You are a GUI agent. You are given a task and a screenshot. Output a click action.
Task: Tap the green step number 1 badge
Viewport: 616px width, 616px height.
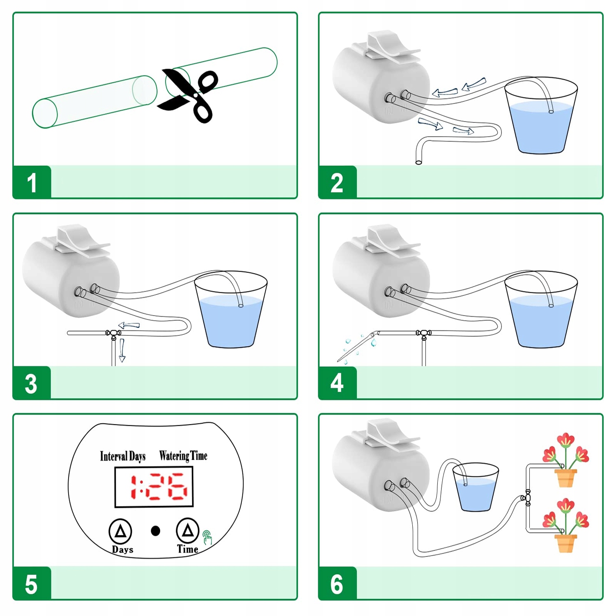point(32,182)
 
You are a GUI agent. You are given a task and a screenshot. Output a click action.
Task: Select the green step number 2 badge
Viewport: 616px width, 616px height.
point(337,182)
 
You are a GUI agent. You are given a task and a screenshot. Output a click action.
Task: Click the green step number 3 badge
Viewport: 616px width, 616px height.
point(32,383)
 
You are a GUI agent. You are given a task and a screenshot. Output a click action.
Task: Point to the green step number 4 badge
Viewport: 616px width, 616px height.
point(337,383)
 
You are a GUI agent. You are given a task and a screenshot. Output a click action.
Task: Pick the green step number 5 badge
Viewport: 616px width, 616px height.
point(32,584)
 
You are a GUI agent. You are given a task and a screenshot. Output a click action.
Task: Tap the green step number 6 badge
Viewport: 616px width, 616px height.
point(337,584)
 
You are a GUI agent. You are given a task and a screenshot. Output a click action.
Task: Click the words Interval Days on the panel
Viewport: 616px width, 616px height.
point(123,456)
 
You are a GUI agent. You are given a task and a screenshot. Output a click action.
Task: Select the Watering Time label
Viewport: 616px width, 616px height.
point(183,456)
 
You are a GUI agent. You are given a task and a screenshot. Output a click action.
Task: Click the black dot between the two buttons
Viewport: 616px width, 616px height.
point(156,531)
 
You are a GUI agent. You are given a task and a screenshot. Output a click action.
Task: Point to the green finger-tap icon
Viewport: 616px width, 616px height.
point(207,537)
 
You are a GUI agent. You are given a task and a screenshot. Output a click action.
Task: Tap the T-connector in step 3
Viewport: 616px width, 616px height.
point(113,333)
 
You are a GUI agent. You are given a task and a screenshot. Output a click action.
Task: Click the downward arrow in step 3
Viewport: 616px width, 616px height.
point(122,350)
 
